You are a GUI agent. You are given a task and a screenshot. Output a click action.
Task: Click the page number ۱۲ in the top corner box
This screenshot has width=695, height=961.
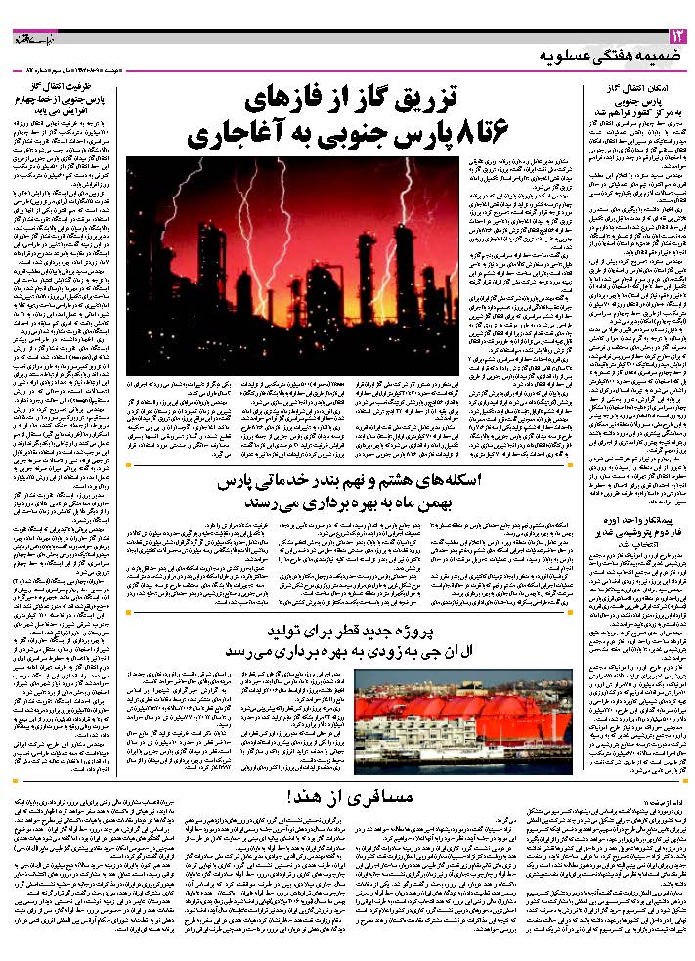(x=676, y=37)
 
